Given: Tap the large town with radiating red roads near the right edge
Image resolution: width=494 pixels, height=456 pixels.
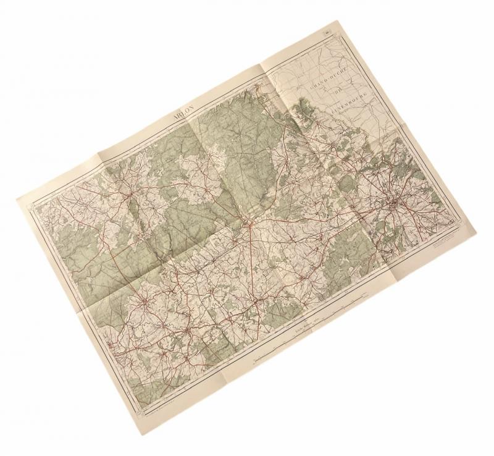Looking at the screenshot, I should (x=393, y=205).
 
